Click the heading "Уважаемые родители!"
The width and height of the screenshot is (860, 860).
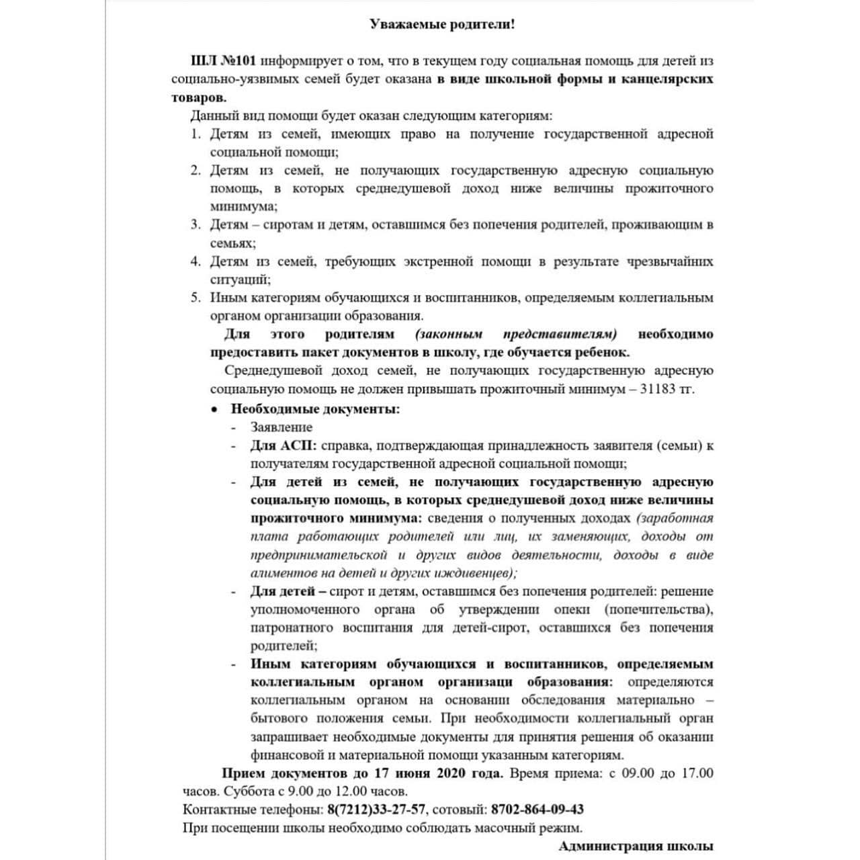(443, 25)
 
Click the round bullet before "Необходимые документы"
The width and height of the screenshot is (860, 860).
(214, 409)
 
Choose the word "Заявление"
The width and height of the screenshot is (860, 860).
(282, 427)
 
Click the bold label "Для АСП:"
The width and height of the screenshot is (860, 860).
(284, 445)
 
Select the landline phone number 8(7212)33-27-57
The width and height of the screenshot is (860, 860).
(376, 810)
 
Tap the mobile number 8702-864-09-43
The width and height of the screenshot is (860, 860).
(537, 810)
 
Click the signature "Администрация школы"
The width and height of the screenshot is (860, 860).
(636, 847)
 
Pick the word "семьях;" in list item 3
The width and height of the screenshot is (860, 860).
(233, 243)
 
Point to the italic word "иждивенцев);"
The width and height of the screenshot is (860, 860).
(480, 573)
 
